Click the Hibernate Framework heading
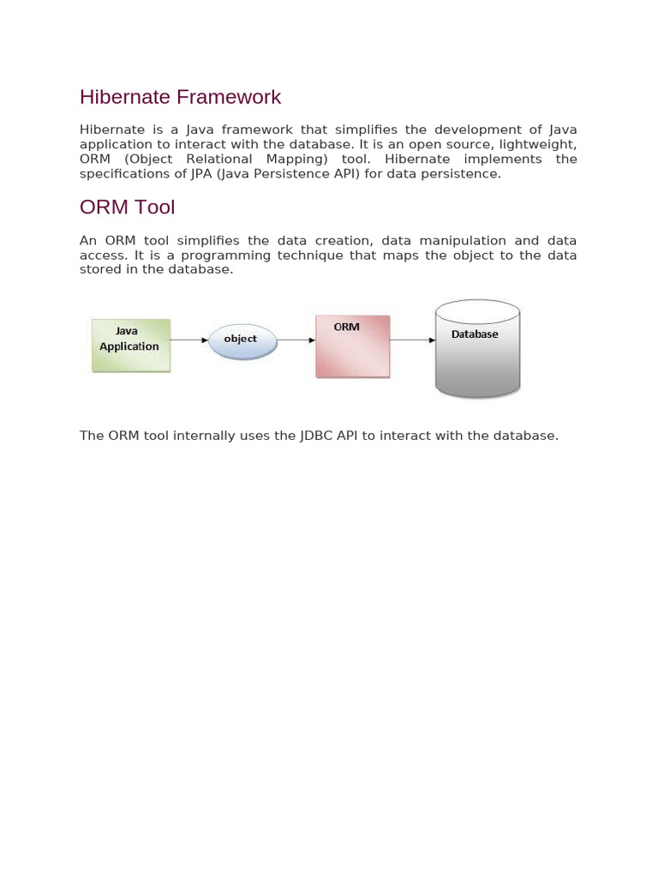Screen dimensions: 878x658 (180, 97)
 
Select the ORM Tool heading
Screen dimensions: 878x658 (127, 207)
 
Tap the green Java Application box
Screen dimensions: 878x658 (130, 346)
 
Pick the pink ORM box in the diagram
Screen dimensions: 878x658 (352, 347)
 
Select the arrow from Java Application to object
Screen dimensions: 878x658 (188, 340)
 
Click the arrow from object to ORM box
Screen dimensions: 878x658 (297, 340)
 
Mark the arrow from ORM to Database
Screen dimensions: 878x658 (413, 340)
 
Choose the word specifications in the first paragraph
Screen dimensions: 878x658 (122, 173)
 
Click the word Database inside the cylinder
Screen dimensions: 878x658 (475, 334)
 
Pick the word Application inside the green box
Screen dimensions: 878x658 (129, 346)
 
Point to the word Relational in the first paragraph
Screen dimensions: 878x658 (219, 159)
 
